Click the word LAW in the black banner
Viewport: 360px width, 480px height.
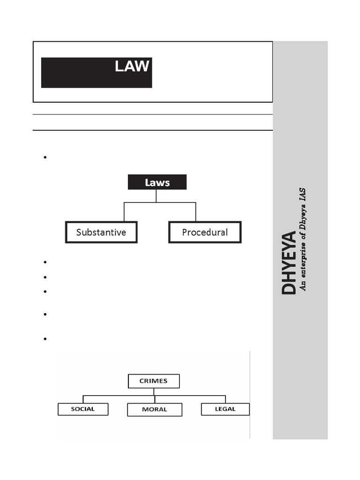[132, 67]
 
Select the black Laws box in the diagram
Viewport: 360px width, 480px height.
[157, 182]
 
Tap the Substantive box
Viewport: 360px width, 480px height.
[101, 232]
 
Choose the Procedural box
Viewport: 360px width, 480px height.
[205, 232]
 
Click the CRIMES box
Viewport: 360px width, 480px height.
[154, 381]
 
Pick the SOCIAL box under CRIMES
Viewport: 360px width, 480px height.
[83, 409]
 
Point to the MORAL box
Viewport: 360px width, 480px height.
[155, 409]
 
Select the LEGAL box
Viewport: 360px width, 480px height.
[225, 409]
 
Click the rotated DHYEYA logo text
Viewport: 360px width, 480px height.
[289, 262]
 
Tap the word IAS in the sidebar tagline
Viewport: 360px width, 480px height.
[303, 195]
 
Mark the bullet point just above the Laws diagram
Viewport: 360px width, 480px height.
[45, 157]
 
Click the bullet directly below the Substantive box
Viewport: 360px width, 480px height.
[45, 262]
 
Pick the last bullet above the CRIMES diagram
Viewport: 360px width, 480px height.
[45, 338]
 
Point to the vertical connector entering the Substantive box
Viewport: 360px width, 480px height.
[124, 212]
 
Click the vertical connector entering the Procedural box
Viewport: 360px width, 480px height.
[195, 212]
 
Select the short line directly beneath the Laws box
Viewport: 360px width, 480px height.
[157, 196]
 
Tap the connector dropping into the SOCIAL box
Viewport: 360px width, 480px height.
[83, 399]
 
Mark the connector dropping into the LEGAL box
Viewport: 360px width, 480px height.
[225, 399]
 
